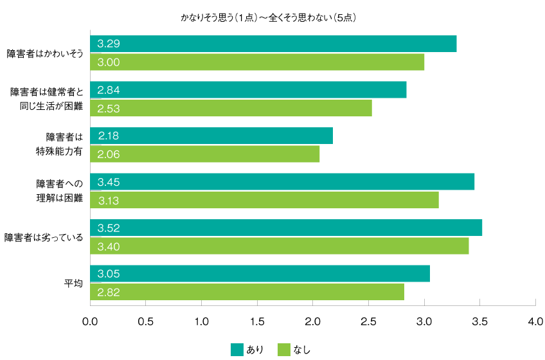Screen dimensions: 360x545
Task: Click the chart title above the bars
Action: [268, 18]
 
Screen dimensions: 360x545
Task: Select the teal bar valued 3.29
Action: [273, 44]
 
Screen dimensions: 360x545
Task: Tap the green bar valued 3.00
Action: [257, 62]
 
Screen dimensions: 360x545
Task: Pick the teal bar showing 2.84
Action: [248, 90]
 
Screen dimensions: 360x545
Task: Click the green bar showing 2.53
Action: [231, 109]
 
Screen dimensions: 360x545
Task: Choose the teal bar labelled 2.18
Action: [211, 136]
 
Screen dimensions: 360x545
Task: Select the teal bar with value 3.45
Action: [282, 182]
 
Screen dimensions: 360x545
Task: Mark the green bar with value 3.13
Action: [264, 201]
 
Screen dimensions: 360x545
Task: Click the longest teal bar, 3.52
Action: [286, 228]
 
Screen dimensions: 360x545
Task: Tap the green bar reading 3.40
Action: [279, 246]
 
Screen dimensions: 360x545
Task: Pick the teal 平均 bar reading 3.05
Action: [260, 274]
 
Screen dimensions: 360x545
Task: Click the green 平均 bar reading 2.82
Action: [247, 292]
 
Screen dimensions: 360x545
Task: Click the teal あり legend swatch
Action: [237, 349]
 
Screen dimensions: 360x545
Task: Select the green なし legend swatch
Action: [284, 349]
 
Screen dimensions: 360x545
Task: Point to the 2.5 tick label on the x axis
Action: [368, 320]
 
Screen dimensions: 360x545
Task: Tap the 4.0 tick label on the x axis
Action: [535, 320]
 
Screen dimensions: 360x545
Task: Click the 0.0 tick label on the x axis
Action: [91, 320]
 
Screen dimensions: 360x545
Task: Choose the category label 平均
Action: [73, 283]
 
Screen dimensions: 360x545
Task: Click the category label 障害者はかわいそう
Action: [45, 53]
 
